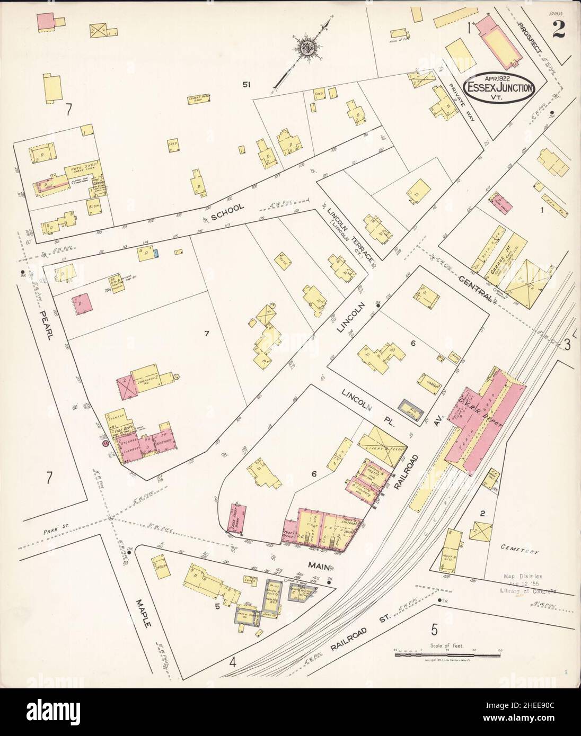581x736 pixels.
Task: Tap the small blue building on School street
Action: pyautogui.click(x=155, y=254)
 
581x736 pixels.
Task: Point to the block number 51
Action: pyautogui.click(x=244, y=84)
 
